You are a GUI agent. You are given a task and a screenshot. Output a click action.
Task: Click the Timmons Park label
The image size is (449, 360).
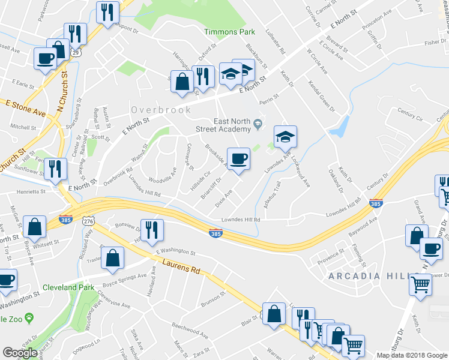229,32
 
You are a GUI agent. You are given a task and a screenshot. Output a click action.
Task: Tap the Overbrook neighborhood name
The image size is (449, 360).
161,110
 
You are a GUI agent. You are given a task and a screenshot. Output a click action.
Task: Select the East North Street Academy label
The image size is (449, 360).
223,125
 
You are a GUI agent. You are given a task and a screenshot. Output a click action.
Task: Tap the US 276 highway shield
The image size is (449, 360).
88,222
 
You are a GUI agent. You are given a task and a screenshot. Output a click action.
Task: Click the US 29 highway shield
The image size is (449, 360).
76,53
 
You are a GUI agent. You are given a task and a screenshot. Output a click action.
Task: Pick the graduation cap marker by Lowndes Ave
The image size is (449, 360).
285,137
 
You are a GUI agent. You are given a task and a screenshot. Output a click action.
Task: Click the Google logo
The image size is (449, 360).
21,353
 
